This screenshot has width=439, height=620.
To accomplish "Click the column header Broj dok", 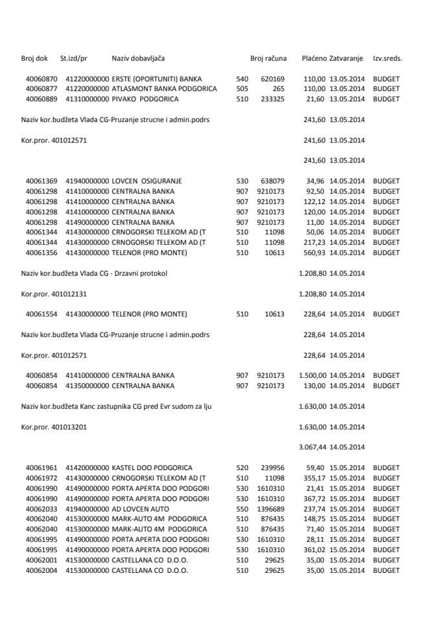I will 34,58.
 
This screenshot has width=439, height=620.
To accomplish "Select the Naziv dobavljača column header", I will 136,58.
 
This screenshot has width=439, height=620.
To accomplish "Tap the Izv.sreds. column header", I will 387,58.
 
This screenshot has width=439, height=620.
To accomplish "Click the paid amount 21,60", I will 316,99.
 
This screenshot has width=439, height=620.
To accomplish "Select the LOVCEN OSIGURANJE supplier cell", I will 146,181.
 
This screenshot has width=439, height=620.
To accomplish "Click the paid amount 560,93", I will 314,253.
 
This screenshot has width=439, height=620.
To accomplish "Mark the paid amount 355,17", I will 314,477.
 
